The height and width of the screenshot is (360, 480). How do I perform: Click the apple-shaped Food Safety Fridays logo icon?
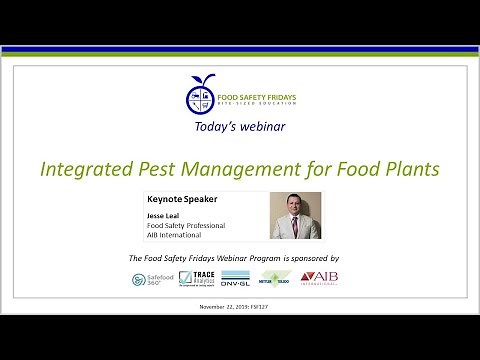(201, 95)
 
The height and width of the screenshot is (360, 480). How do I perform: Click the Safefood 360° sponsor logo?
(151, 280)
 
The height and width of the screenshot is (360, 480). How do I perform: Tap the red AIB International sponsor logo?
(320, 278)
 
